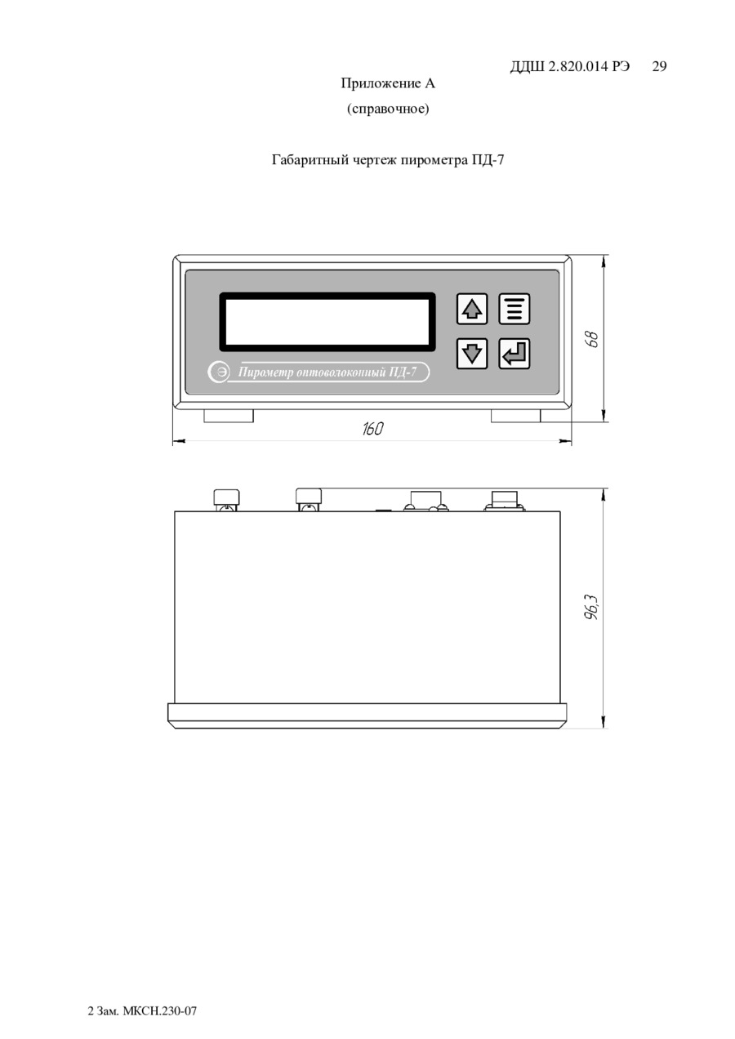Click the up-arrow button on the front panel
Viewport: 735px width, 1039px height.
click(471, 309)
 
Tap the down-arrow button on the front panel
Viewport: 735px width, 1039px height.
click(471, 354)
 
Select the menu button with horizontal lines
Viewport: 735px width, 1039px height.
click(514, 309)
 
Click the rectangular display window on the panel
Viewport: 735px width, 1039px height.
click(327, 322)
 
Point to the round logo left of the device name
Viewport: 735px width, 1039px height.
click(218, 372)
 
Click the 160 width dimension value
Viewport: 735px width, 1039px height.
click(373, 429)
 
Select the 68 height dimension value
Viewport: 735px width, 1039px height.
click(592, 339)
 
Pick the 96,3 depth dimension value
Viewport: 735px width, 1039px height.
click(592, 608)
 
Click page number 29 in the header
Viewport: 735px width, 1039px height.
click(659, 66)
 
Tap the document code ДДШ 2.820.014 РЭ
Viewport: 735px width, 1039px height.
click(570, 67)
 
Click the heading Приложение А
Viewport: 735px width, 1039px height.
click(388, 83)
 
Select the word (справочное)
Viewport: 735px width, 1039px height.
click(388, 109)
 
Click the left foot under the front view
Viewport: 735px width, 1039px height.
click(229, 416)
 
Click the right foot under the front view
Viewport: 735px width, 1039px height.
click(515, 416)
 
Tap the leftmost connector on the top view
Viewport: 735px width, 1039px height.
click(226, 500)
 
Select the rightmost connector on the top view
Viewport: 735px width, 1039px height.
click(505, 500)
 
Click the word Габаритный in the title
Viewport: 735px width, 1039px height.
click(310, 160)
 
